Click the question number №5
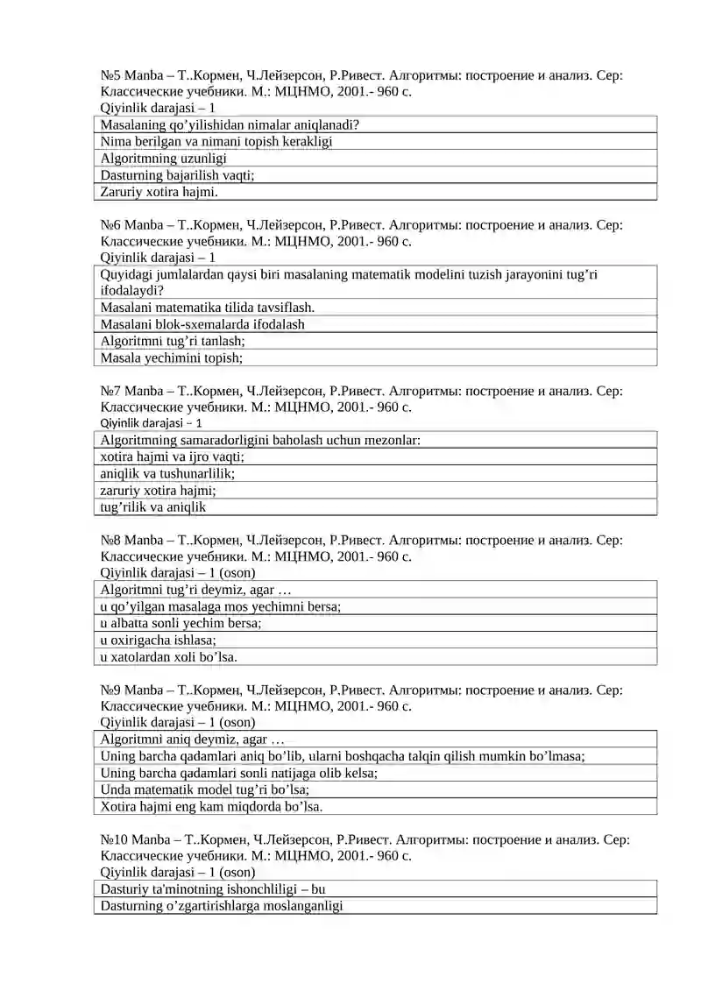click(x=110, y=76)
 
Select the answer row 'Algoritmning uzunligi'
click(x=164, y=159)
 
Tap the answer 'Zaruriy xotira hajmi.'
click(x=159, y=192)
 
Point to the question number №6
click(x=110, y=225)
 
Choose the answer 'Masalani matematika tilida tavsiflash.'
click(x=208, y=308)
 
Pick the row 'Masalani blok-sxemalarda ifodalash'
click(x=202, y=324)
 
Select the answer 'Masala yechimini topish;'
click(x=172, y=357)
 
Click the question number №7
click(x=110, y=391)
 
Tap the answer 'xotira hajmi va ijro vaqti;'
click(x=173, y=457)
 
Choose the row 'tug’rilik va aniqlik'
click(x=153, y=506)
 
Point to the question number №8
click(x=110, y=540)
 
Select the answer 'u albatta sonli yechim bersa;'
click(x=181, y=623)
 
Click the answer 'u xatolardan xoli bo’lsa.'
click(x=169, y=656)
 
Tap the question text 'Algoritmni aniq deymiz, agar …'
click(x=193, y=740)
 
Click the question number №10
click(x=114, y=839)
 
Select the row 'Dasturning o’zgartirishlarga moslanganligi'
click(x=222, y=906)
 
